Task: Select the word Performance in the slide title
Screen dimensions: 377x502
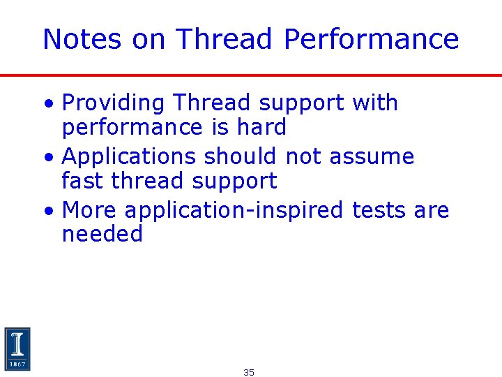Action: (x=371, y=40)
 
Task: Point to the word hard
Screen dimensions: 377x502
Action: (x=261, y=127)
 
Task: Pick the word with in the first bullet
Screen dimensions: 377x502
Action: (x=375, y=103)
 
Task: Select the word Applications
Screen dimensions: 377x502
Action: (x=129, y=156)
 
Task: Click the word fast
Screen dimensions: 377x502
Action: (x=83, y=181)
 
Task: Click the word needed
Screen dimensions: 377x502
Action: (x=102, y=234)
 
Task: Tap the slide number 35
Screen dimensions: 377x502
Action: (x=249, y=373)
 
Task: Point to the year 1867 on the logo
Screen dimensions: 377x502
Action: (x=17, y=364)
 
